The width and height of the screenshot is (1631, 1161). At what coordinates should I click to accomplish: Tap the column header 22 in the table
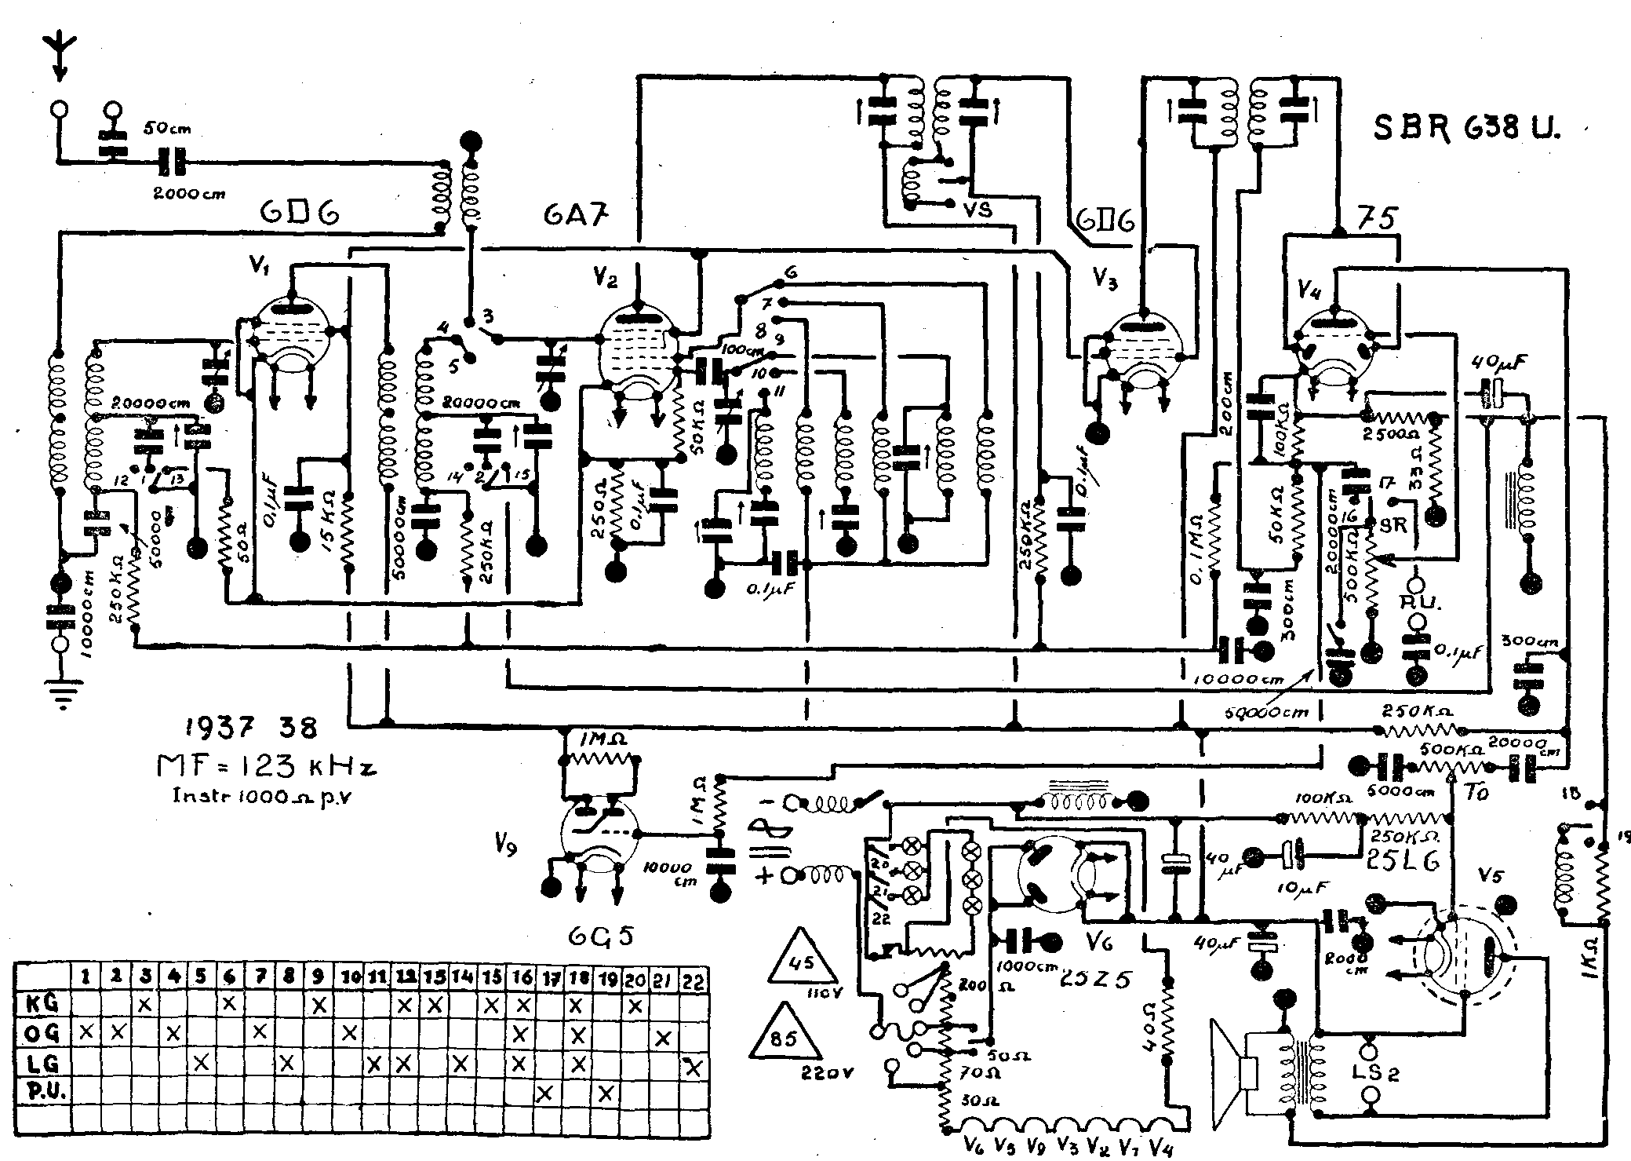pyautogui.click(x=693, y=979)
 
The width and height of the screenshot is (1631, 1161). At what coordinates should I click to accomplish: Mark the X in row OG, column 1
pyautogui.click(x=86, y=1033)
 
